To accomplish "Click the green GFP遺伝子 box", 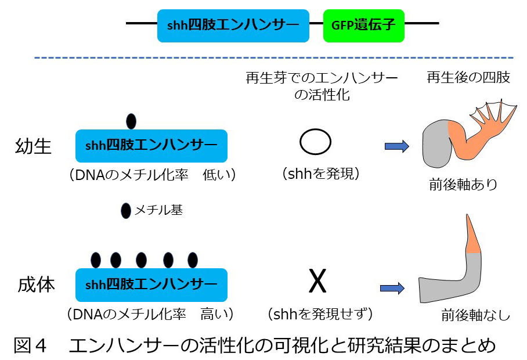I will tap(363, 25).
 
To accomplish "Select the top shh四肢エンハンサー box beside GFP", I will tap(232, 25).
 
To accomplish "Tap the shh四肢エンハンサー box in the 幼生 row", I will tap(151, 145).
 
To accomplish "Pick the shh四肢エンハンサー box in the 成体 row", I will tap(151, 285).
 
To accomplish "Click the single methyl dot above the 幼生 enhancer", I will tap(131, 121).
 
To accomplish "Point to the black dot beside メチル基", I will tap(125, 211).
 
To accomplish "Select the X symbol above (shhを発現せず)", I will tap(317, 282).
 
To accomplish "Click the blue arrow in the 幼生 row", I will tap(397, 146).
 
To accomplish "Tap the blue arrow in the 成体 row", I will tap(392, 287).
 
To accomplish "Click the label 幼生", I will tap(33, 146).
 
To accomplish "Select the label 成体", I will tap(34, 285).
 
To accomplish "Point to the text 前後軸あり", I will tap(463, 185).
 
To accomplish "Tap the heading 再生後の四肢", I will tap(468, 77).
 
